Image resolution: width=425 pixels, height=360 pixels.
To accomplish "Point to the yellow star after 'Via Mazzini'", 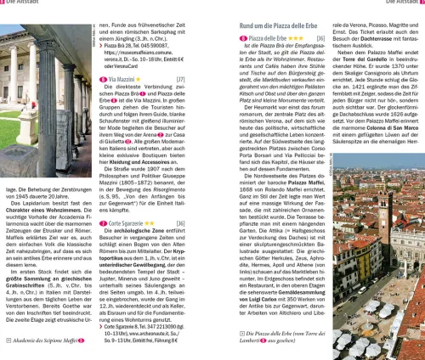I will pos(155,102).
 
